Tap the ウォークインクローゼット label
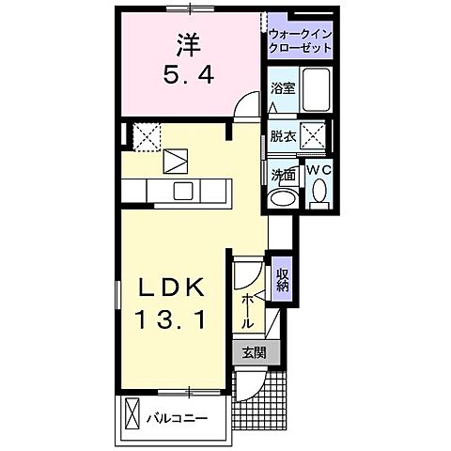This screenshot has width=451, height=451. [301, 39]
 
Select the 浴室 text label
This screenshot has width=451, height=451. [283, 90]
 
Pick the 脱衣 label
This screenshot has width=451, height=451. [283, 135]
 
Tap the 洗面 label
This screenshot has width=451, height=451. [283, 174]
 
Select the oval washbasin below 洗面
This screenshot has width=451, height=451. [281, 198]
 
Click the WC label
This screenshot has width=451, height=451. [318, 170]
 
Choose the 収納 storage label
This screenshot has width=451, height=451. [282, 280]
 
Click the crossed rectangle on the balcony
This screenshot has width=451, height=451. [132, 413]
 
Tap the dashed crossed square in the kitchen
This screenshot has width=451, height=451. [145, 136]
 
